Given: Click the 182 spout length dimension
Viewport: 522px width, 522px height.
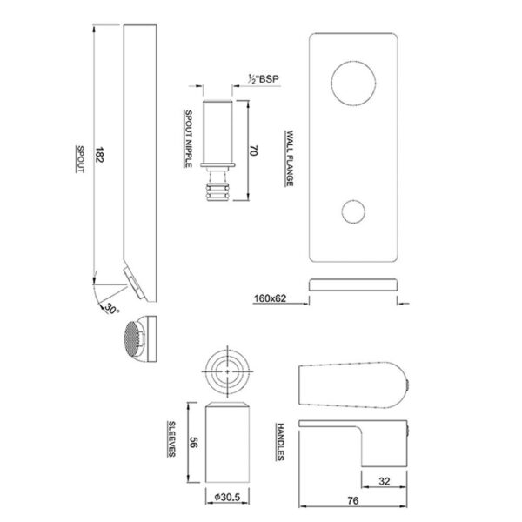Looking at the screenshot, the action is coord(99,155).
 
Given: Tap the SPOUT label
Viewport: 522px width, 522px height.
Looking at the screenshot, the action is coord(80,159).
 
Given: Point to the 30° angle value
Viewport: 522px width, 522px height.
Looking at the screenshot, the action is coord(111,309).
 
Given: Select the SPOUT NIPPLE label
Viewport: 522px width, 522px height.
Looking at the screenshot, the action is coord(189,139).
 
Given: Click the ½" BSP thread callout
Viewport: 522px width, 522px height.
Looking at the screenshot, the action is coord(264,79).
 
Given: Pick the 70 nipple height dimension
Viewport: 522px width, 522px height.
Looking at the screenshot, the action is coord(253,151).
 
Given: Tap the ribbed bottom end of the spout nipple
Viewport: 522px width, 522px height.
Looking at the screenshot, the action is coord(217,192).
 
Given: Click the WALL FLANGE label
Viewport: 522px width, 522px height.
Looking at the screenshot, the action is coord(290,158).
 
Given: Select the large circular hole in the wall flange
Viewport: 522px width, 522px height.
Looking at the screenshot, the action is coord(353,84).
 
